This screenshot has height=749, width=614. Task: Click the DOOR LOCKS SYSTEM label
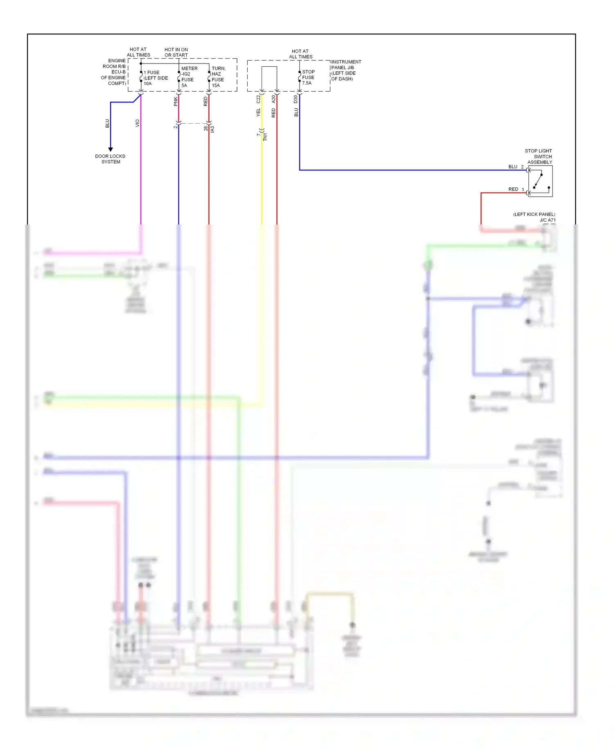[110, 159]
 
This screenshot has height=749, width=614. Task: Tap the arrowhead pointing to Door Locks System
[111, 150]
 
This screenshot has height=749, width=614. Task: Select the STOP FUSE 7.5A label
[308, 77]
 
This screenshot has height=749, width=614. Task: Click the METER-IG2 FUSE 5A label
[189, 77]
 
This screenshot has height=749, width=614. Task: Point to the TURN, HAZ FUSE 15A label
[218, 77]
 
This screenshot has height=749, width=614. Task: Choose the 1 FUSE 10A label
[155, 78]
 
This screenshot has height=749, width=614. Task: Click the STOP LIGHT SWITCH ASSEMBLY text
[539, 157]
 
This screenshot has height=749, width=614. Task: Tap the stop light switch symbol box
[540, 181]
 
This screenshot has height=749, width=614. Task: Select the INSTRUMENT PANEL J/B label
[346, 70]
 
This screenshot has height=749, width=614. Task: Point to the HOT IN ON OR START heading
[176, 52]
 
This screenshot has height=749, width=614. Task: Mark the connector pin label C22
[258, 99]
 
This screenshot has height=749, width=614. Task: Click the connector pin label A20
[273, 99]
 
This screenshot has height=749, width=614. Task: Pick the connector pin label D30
[296, 99]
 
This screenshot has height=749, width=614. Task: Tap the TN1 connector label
[265, 137]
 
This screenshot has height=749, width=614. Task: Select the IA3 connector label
[212, 129]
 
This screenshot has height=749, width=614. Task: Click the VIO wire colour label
[138, 123]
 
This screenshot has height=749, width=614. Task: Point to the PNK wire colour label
[176, 102]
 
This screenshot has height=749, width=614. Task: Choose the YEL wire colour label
[258, 113]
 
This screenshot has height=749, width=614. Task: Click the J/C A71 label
[547, 220]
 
